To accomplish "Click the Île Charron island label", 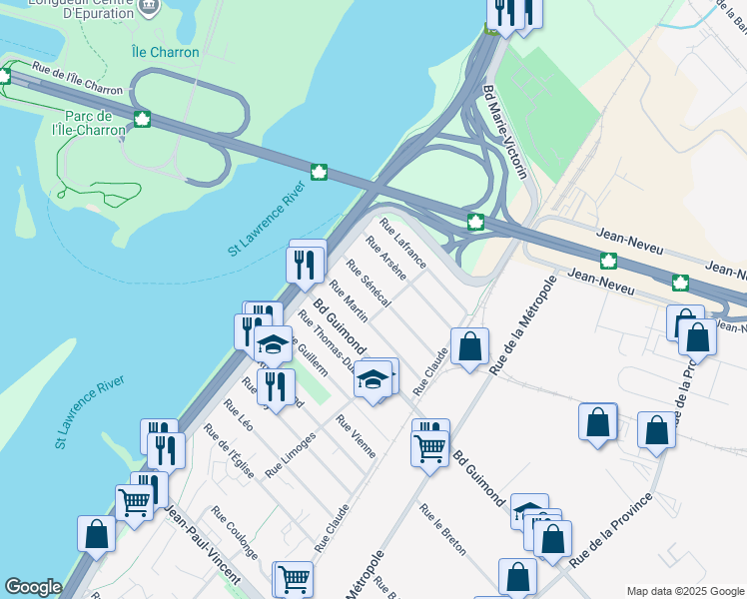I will click(166, 52).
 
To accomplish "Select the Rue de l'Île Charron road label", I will click(77, 80).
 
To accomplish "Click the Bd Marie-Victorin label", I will click(504, 131).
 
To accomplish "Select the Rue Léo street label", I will click(238, 415).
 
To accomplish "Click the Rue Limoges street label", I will click(290, 453).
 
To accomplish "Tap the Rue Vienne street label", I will click(357, 436).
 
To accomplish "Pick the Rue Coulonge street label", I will click(235, 540).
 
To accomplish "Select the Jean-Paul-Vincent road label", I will click(202, 545).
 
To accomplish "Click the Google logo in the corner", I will click(33, 587).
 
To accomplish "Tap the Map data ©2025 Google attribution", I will click(685, 591).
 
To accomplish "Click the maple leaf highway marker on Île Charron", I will click(142, 121).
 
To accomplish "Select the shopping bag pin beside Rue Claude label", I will click(469, 346).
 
